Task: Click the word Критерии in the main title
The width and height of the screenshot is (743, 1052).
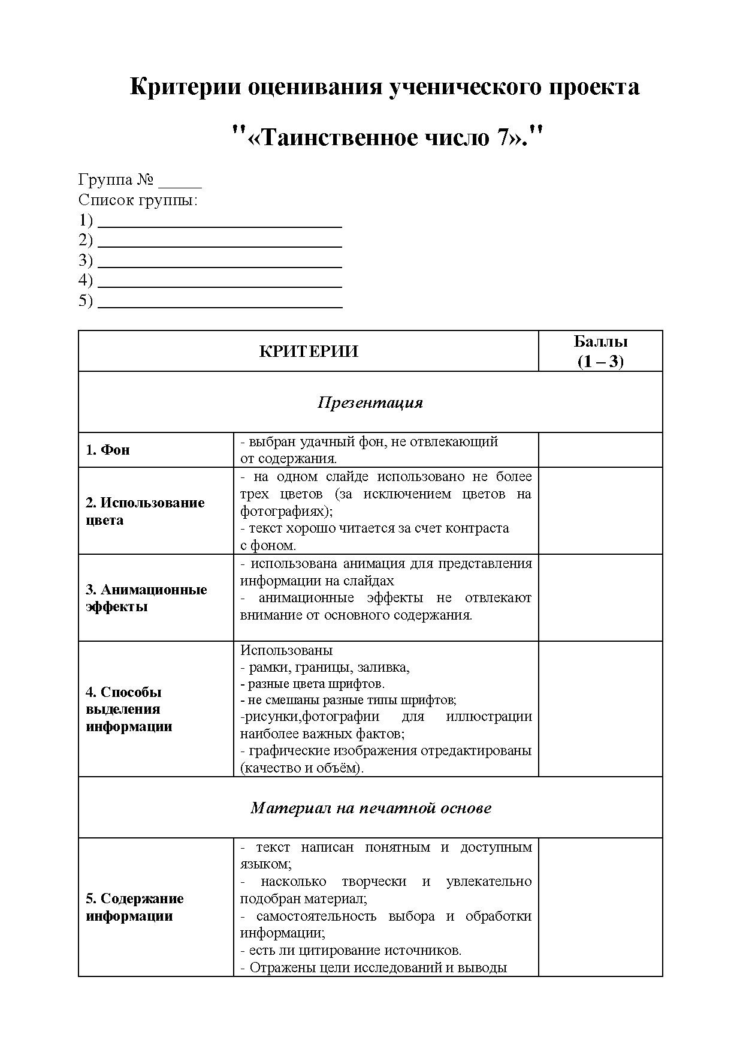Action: point(185,87)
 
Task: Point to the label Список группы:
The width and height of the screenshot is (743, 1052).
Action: point(138,200)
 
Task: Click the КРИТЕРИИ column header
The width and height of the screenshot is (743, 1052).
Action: point(309,351)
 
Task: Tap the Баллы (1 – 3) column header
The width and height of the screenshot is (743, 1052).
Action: point(600,351)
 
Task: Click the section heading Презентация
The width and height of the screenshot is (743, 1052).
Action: point(370,402)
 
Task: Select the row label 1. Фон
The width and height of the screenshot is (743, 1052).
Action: point(108,450)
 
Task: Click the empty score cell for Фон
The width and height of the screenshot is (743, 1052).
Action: point(600,450)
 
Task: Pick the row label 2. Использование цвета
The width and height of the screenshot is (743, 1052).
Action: point(145,511)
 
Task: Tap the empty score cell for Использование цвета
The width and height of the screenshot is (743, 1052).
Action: point(600,511)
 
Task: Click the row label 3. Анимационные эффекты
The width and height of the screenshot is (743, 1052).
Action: point(146,598)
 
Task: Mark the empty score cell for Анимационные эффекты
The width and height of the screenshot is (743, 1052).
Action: point(600,598)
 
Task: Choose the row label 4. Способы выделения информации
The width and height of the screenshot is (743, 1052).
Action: point(129,709)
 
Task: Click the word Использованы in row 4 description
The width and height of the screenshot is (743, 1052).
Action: point(286,651)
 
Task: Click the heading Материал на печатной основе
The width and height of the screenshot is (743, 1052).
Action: point(370,808)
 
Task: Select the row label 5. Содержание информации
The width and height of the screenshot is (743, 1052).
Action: point(134,907)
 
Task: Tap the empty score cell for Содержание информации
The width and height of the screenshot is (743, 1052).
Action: point(600,907)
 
